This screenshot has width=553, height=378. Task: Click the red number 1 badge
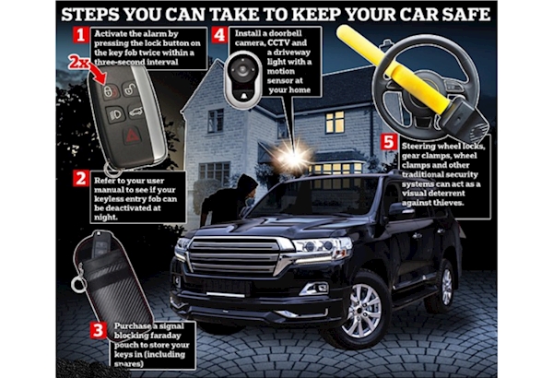(x=81, y=35)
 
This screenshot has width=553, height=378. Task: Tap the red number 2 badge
(x=80, y=179)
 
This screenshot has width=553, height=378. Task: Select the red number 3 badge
(x=98, y=330)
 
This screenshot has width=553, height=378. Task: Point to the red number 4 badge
(x=219, y=35)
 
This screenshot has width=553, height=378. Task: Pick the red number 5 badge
(x=389, y=142)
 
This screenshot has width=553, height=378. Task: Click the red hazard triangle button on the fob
(x=133, y=136)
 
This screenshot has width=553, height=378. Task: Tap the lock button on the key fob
(x=111, y=91)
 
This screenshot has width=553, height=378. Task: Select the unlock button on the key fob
(x=130, y=89)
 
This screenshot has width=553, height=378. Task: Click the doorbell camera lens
(x=243, y=69)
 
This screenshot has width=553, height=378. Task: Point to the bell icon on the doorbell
(x=243, y=95)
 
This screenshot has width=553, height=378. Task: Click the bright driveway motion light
(x=293, y=157)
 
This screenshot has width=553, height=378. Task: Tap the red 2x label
(x=78, y=63)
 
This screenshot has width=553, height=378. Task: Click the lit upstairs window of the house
(x=335, y=122)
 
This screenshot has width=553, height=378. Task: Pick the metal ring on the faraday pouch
(x=78, y=283)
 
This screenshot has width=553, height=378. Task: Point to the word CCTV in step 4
(x=279, y=43)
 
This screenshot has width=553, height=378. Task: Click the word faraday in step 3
(x=165, y=336)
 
